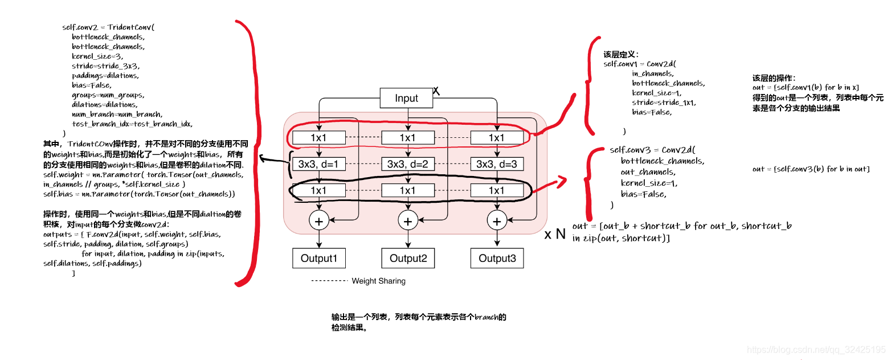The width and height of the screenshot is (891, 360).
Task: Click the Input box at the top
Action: click(406, 98)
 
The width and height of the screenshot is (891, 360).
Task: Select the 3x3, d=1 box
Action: click(318, 164)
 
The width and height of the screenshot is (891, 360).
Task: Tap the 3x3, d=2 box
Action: click(407, 164)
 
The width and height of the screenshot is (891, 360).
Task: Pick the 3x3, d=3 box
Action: click(496, 164)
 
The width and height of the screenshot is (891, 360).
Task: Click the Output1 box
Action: click(319, 258)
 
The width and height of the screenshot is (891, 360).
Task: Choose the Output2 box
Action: click(408, 258)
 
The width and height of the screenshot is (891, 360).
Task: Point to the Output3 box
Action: click(497, 258)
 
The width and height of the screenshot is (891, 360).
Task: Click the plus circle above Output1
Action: click(318, 221)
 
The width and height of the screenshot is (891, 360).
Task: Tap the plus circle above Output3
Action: click(497, 221)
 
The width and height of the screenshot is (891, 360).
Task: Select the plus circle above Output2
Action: click(408, 221)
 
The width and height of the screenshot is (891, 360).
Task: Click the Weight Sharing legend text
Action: click(378, 281)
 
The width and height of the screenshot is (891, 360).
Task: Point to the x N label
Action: click(555, 234)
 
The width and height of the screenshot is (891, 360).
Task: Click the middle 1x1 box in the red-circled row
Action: click(407, 137)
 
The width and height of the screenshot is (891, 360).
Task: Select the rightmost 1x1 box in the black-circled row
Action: click(496, 190)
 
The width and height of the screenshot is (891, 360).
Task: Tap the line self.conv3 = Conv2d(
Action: click(649, 150)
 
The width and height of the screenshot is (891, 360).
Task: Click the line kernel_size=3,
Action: click(97, 56)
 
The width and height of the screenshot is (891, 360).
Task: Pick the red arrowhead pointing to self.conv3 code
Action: click(563, 181)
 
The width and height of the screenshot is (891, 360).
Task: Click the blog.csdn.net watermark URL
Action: click(816, 349)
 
